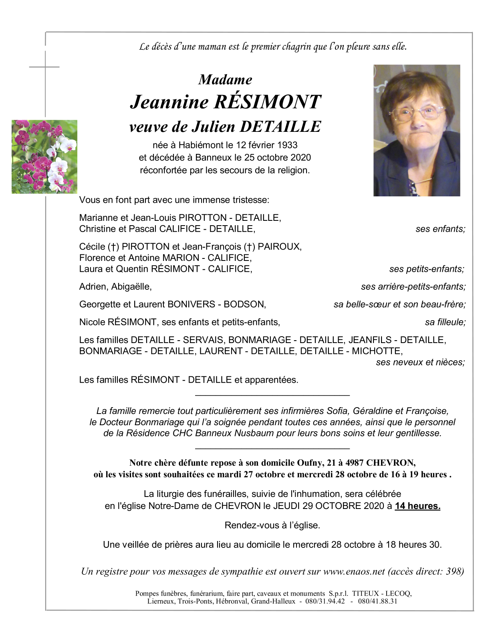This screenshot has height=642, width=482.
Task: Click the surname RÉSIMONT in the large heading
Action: click(x=267, y=102)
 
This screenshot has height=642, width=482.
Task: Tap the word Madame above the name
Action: click(x=225, y=79)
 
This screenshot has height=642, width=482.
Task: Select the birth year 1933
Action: click(x=287, y=145)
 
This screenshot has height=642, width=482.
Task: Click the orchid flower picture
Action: click(x=44, y=157)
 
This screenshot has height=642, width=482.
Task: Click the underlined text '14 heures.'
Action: click(x=417, y=506)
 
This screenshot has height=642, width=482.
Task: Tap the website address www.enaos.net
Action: click(x=354, y=571)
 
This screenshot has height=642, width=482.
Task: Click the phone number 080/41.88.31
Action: click(x=377, y=601)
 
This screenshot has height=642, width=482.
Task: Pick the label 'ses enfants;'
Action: click(x=440, y=229)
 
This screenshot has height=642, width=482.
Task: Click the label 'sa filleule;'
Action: click(x=445, y=322)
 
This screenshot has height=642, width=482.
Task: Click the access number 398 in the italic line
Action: click(x=454, y=571)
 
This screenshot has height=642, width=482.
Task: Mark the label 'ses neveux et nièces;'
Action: click(x=420, y=362)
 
